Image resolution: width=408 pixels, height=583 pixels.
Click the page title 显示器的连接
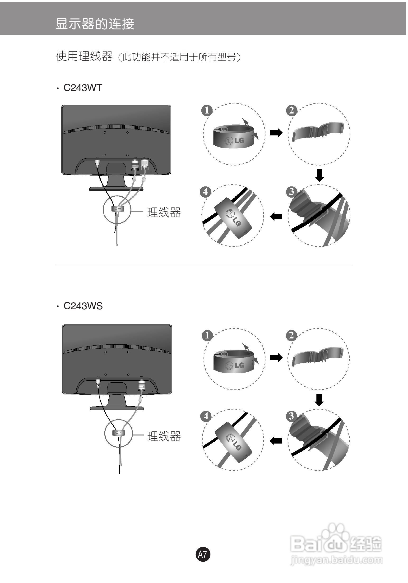coord(95,24)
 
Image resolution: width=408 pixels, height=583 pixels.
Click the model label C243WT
coord(83,88)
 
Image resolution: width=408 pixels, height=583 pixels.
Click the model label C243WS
coord(83,306)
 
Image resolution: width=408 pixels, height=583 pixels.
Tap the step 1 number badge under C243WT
coord(207,111)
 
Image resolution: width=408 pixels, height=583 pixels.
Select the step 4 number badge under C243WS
coord(206,416)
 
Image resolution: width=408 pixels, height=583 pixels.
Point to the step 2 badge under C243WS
coord(292,335)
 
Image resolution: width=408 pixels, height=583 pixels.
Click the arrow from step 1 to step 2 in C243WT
coord(276,133)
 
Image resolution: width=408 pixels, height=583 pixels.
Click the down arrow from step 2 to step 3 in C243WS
coord(319,400)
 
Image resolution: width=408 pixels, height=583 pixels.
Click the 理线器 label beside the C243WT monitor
coord(164,212)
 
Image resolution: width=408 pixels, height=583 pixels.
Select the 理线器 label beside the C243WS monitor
coord(164,436)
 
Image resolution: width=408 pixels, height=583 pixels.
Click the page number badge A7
coord(203,554)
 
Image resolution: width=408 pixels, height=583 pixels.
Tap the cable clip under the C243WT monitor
coord(117,209)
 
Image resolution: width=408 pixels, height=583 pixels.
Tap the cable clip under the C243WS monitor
coord(119,432)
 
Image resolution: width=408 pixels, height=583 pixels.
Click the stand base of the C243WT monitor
coord(116,188)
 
